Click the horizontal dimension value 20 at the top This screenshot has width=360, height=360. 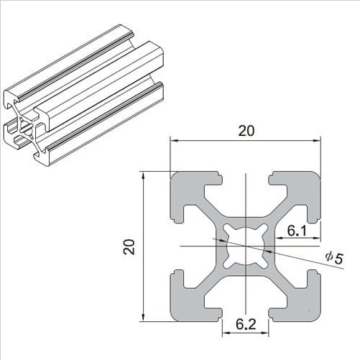[245, 130]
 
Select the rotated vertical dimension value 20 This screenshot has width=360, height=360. [129, 246]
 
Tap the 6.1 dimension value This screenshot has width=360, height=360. [297, 230]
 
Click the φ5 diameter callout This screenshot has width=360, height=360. [333, 257]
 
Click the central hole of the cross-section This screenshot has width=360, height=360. [245, 246]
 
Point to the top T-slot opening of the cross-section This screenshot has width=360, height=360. [245, 180]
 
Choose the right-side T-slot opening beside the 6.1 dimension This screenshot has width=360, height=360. [313, 246]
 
